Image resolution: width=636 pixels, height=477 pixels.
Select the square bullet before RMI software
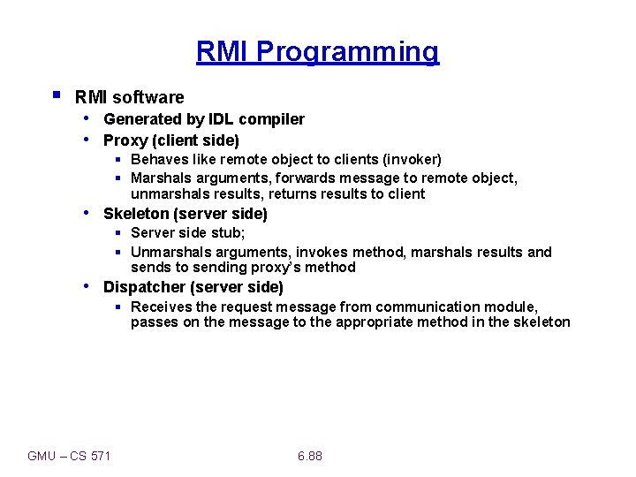coord(56,94)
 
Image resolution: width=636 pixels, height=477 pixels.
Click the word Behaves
coord(158,160)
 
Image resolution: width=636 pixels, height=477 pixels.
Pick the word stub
coord(230,233)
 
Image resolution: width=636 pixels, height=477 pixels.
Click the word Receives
coord(162,307)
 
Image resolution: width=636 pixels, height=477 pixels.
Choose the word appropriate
coord(369,322)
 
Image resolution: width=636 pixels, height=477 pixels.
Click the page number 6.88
coord(310,456)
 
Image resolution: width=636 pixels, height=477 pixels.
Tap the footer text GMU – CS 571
coord(70,456)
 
